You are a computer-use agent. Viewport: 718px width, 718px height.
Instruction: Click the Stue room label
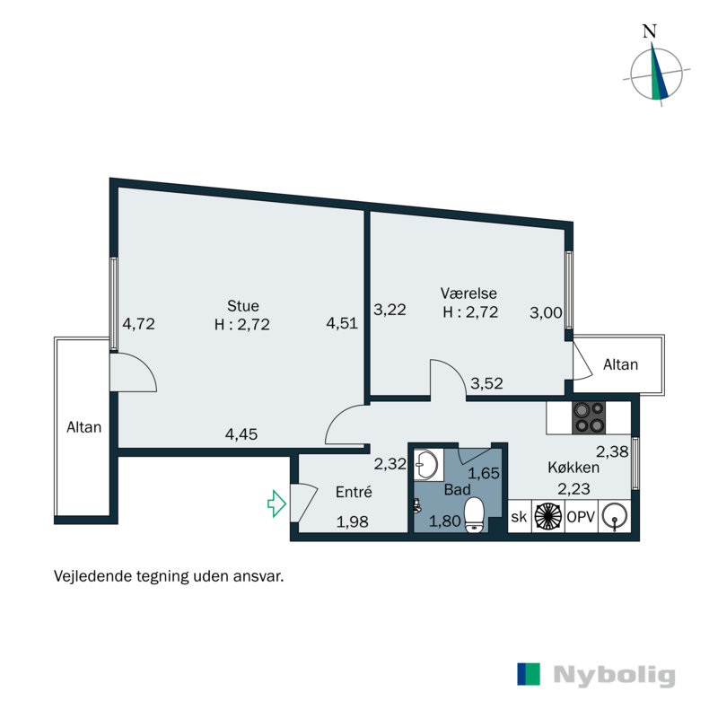click(x=242, y=304)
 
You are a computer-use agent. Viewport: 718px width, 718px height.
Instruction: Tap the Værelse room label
click(x=468, y=293)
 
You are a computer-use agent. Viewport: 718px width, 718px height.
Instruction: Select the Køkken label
click(x=574, y=468)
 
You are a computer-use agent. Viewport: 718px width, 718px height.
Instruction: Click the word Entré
click(x=354, y=492)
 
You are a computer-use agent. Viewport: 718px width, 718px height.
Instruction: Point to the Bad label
click(x=456, y=490)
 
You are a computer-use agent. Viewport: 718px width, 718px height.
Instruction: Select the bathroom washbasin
click(x=428, y=465)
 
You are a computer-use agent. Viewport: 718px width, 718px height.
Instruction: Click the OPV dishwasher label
click(x=580, y=517)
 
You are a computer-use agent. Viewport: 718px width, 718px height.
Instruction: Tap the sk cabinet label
click(x=519, y=517)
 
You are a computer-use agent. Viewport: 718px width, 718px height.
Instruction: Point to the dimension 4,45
click(x=241, y=435)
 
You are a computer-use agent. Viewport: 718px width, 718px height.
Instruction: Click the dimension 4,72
click(x=139, y=324)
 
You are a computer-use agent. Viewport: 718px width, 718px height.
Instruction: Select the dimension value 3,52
click(x=486, y=383)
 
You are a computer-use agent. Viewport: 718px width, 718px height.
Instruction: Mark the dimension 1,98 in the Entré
click(x=353, y=520)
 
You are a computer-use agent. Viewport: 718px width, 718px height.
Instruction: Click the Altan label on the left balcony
click(x=84, y=427)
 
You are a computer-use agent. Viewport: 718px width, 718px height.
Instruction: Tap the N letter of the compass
click(x=650, y=30)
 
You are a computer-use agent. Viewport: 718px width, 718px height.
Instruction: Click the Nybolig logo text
click(x=614, y=675)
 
